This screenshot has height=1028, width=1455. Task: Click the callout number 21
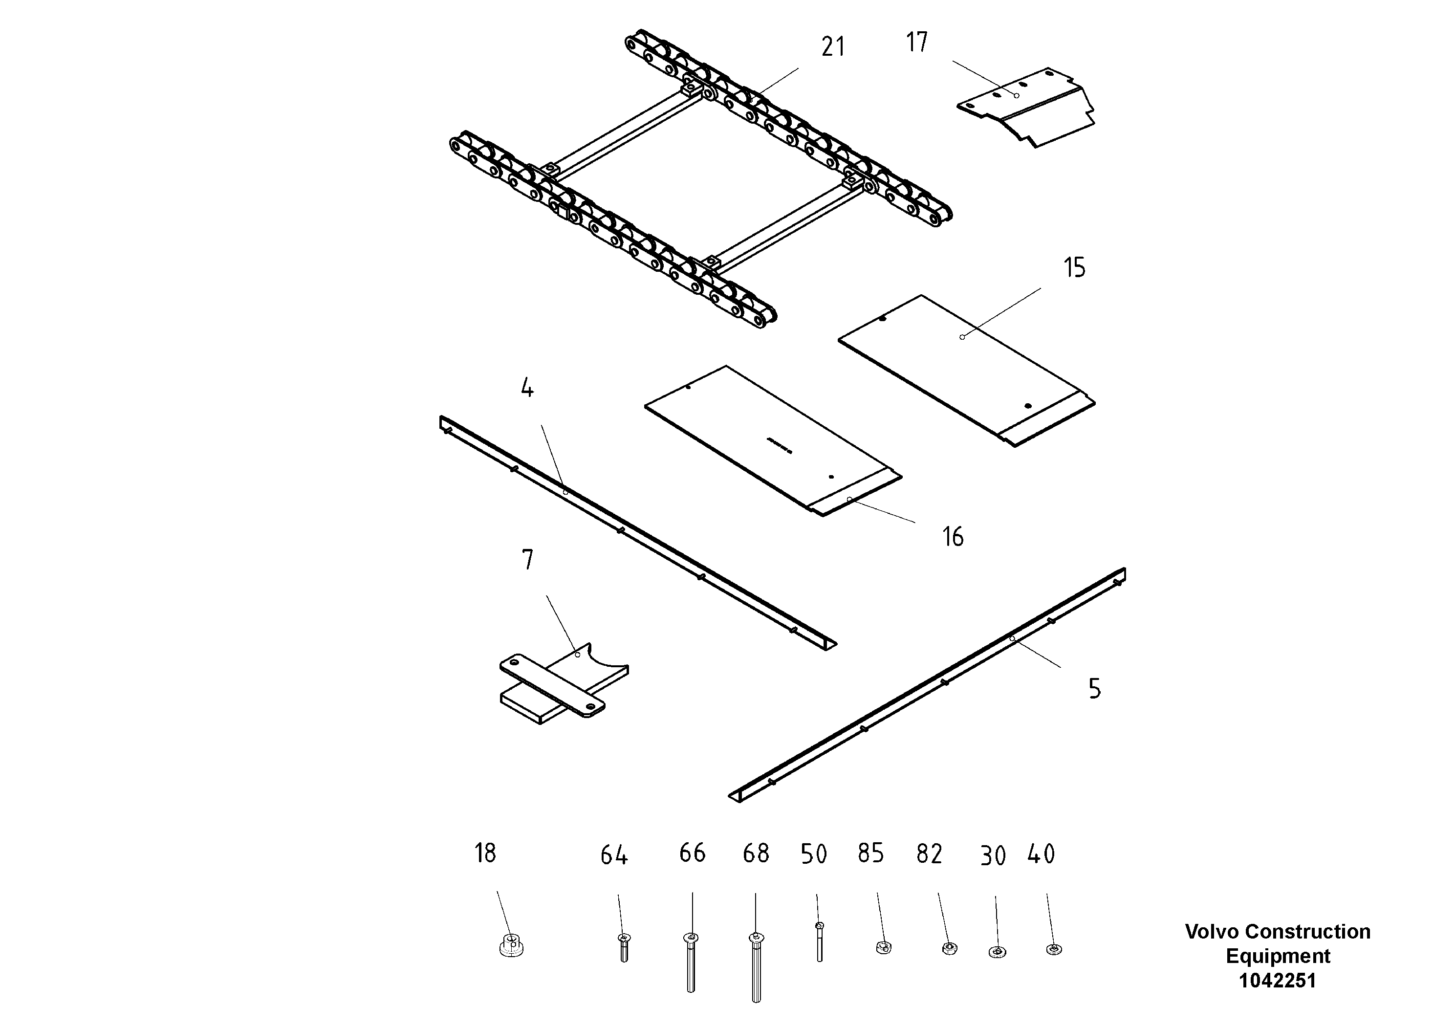point(833,47)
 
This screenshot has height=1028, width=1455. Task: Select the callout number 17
point(916,43)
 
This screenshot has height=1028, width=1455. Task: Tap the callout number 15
point(1074,268)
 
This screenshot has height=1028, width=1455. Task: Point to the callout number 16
point(953,537)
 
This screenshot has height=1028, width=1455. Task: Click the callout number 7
point(527,560)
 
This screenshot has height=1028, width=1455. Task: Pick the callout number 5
point(1094,689)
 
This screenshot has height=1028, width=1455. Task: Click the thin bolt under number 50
point(820,942)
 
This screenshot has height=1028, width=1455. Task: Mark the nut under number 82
point(949,949)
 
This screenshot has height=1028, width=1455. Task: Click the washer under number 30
point(997,952)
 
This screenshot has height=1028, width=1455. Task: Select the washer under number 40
point(1054,949)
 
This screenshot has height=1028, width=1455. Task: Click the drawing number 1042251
point(1277,981)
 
